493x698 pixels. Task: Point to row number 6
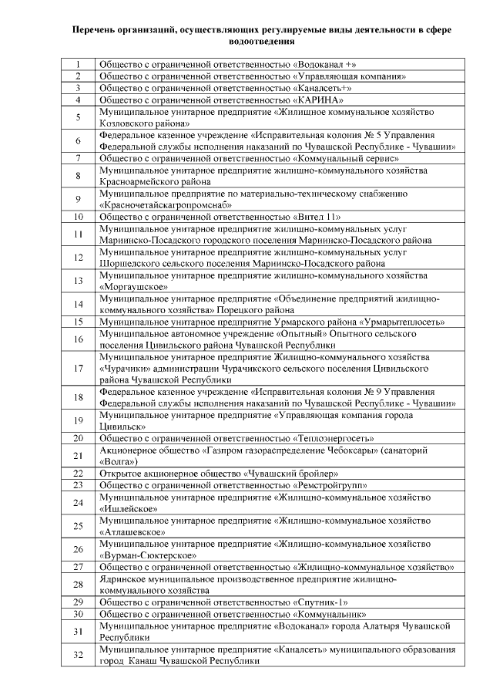click(x=78, y=140)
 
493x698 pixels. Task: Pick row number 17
click(x=78, y=368)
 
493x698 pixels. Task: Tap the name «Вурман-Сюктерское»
click(x=148, y=555)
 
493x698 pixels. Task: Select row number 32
click(x=78, y=655)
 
